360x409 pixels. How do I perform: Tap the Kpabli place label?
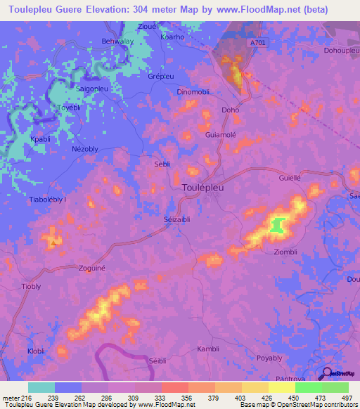41,139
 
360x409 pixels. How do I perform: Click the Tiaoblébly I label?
48,200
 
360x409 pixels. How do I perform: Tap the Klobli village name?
37,350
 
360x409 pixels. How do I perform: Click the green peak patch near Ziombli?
277,225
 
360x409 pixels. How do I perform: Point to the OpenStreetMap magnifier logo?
328,373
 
